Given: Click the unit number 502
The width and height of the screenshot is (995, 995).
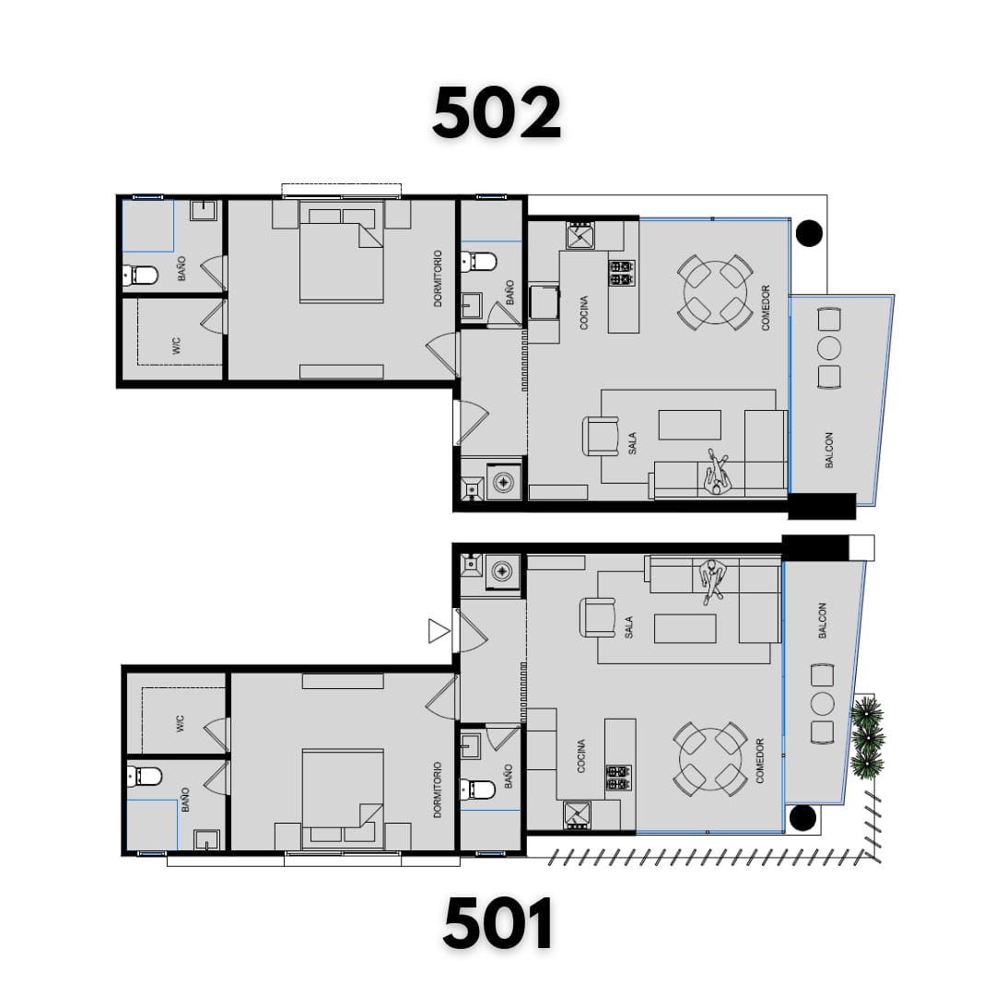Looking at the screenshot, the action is pos(497,113).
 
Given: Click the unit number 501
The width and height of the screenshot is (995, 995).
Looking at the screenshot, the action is pos(497,923).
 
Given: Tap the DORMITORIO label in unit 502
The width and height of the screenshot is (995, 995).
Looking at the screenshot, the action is pos(438,278).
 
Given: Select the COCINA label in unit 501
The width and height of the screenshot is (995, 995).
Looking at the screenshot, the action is pos(581,756).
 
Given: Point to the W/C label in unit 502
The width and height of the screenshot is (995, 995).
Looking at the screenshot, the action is pos(176,345).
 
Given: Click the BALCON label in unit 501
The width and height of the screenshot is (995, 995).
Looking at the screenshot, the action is pos(823,620).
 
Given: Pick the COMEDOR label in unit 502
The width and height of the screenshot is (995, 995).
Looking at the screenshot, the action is pos(766,308).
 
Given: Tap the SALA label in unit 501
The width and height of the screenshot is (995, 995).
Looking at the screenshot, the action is pos(628,627).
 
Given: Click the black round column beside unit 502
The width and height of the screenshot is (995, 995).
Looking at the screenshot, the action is pos(809,233).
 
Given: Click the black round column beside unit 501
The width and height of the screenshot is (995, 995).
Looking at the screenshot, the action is pos(802,817).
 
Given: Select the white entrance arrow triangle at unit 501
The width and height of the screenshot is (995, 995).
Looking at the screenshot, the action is pos(438,631).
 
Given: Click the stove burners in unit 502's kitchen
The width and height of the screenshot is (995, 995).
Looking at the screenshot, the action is pos(622,273).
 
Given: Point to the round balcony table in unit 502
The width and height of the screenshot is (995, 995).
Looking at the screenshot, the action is pos(829,347).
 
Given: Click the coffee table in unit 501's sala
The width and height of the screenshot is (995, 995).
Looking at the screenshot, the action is pos(685,629).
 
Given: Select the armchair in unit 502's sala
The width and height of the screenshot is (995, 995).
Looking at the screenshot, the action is pos(601,436).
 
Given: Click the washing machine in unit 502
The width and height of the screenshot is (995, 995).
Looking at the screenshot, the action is pos(504,482).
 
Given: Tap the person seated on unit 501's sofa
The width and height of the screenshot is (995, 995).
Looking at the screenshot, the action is pos(712,580).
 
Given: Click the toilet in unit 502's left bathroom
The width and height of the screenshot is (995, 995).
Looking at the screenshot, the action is pos(140,275).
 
